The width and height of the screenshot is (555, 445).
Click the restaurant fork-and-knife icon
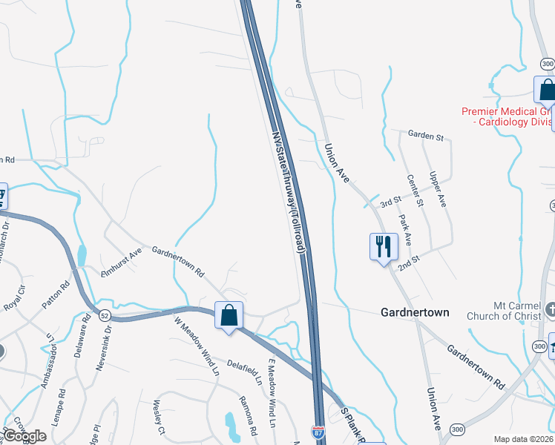point(383,246)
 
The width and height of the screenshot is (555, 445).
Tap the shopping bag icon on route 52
point(229,314)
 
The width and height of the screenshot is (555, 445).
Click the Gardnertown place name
point(415,312)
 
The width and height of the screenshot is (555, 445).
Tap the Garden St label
point(425,136)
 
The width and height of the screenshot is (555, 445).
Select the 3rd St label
point(390,202)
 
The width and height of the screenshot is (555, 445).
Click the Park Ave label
point(405,231)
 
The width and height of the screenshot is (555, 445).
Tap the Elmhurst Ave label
point(121,263)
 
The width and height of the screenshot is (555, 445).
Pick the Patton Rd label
point(56,296)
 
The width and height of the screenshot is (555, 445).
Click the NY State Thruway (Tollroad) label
point(289,194)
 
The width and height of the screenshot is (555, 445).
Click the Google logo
point(24,436)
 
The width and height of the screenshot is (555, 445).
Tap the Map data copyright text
point(524,439)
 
